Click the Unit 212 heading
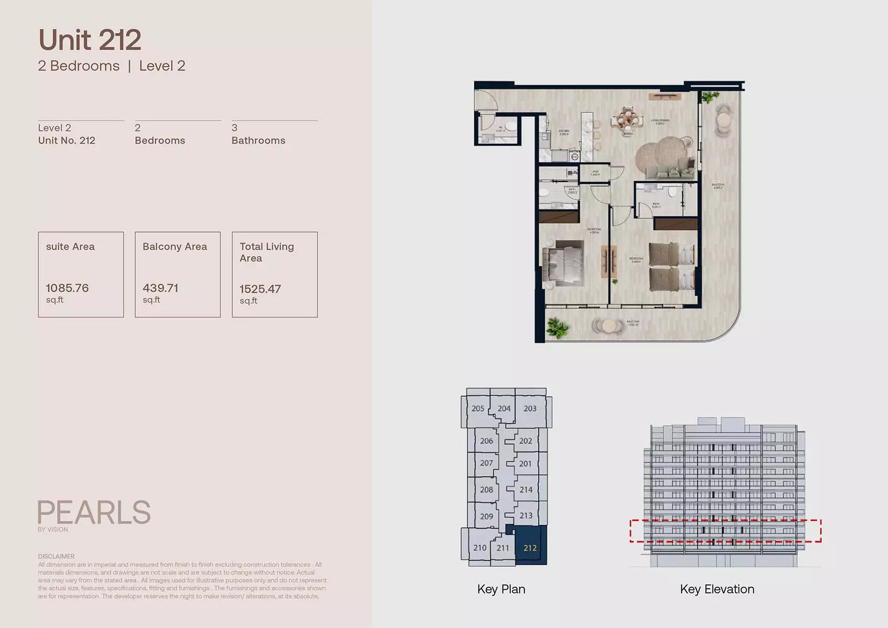click(89, 40)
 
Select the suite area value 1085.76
click(67, 288)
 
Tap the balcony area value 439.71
click(160, 288)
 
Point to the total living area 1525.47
click(260, 289)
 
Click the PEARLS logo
click(94, 513)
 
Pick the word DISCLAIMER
click(56, 556)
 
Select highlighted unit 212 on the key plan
click(530, 548)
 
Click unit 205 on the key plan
click(477, 409)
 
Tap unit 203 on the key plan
click(530, 409)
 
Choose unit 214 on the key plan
click(525, 490)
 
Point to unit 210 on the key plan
click(480, 548)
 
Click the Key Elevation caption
click(717, 589)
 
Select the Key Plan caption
click(501, 589)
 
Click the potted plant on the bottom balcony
click(557, 328)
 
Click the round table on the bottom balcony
click(609, 325)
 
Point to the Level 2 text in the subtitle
click(162, 66)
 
